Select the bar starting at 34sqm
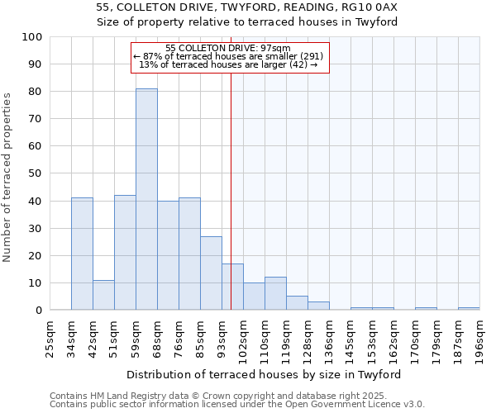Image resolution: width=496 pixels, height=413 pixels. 82,254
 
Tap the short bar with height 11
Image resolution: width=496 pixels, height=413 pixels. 103,295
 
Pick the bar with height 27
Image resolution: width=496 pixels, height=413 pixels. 211,273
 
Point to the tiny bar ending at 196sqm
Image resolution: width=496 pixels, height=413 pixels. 469,308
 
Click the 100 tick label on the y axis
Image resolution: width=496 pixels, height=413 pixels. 32,37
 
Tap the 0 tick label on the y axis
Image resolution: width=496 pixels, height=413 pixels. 39,311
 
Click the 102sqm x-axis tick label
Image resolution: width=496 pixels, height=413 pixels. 243,337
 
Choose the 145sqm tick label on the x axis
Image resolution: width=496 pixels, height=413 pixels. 351,337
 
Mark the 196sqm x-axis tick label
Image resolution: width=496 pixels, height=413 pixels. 479,337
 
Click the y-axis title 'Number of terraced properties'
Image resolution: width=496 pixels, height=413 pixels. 7,178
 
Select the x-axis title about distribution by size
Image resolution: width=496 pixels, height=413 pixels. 264,375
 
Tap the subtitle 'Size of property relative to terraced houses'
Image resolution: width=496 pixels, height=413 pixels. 247,22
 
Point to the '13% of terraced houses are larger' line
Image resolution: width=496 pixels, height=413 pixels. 228,64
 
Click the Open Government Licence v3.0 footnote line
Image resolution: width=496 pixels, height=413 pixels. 237,405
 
